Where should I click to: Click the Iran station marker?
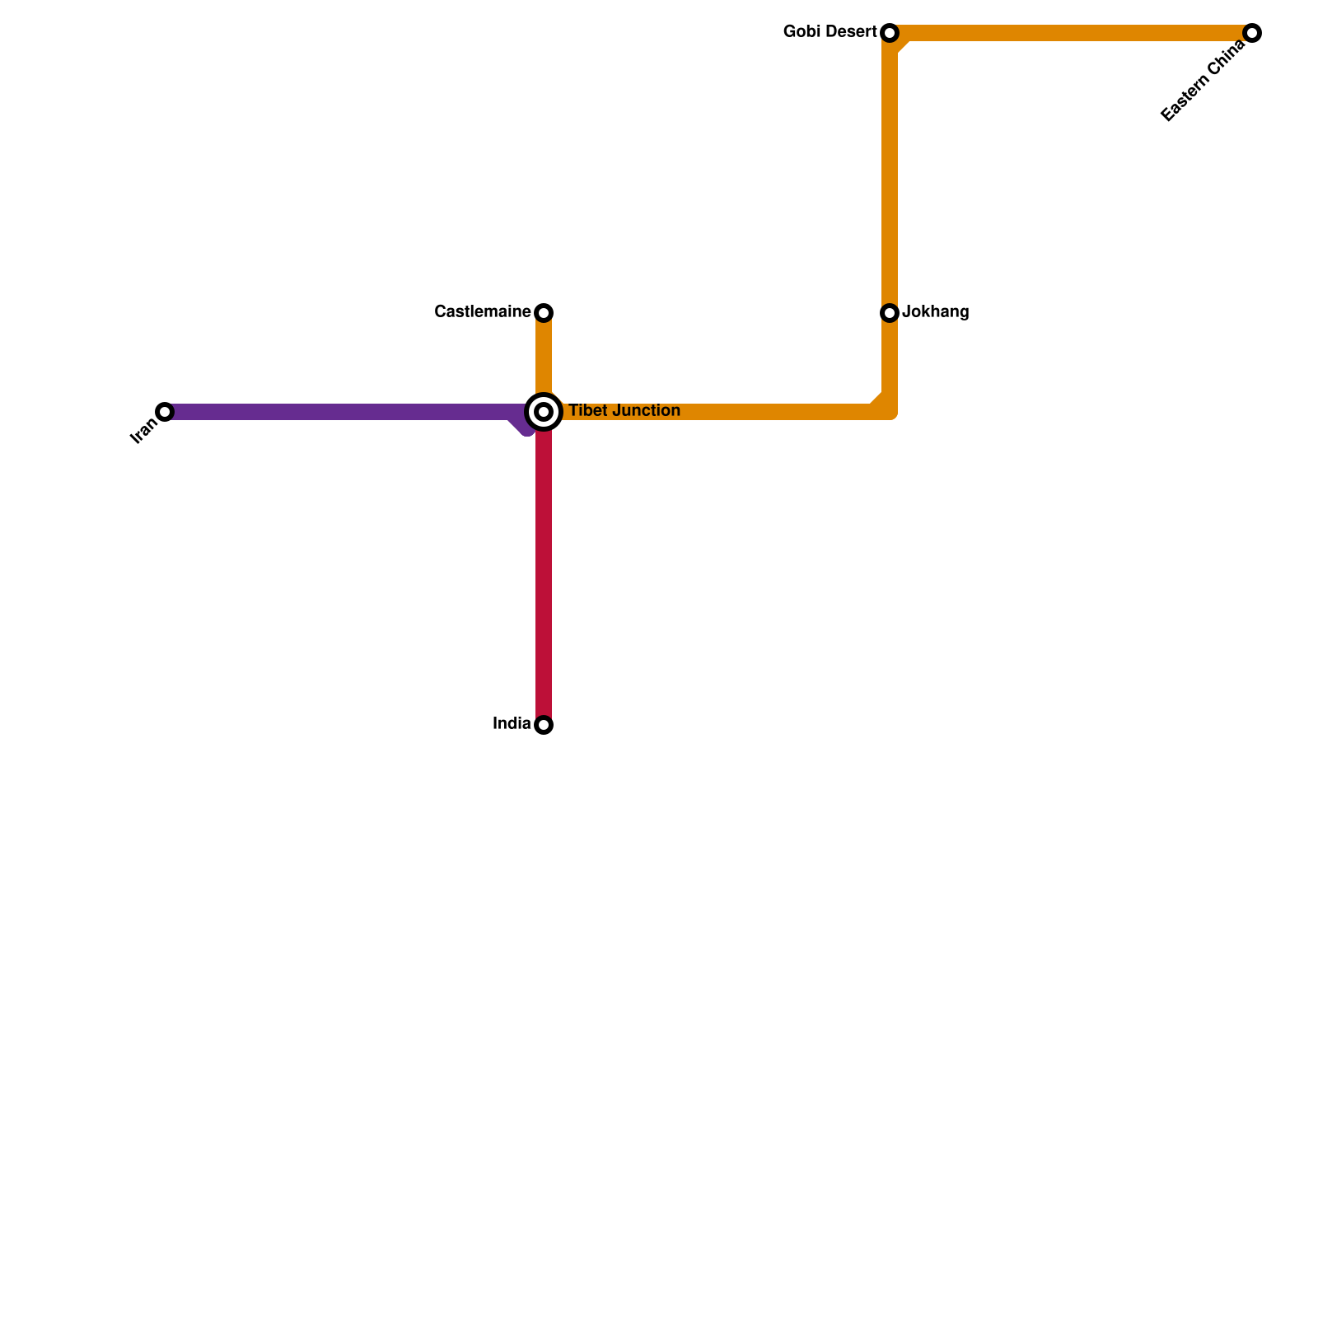click(x=165, y=412)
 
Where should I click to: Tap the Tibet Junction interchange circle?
click(x=544, y=412)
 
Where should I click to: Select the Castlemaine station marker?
click(x=544, y=313)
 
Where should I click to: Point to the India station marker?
click(x=544, y=725)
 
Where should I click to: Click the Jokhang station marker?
click(x=890, y=313)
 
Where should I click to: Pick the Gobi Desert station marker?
click(x=890, y=33)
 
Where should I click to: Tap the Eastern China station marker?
click(x=1252, y=33)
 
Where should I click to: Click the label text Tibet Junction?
click(x=624, y=411)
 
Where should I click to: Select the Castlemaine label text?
click(x=483, y=312)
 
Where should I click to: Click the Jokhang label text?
click(x=936, y=312)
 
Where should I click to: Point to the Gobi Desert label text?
click(x=830, y=32)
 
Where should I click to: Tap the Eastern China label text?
click(x=1203, y=82)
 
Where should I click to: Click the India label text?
click(x=512, y=724)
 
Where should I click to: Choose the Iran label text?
click(x=143, y=431)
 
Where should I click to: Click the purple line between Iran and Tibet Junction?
click(x=346, y=412)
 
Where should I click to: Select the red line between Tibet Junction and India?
click(x=544, y=577)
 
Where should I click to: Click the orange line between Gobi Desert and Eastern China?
click(x=1071, y=33)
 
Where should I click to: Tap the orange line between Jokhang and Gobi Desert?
click(x=890, y=173)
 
